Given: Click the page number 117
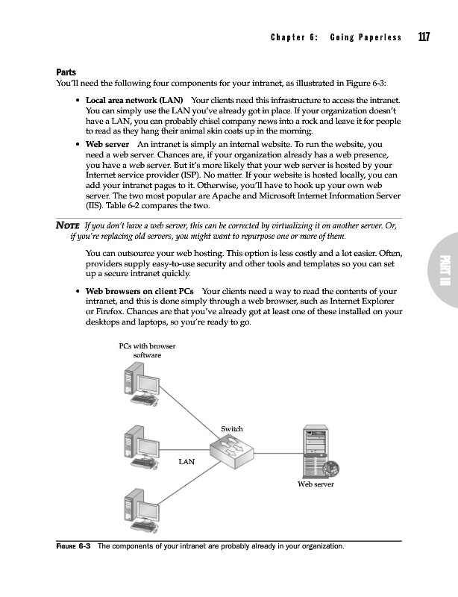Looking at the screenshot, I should point(424,37).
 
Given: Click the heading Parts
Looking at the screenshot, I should point(66,72).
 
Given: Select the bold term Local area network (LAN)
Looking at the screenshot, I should point(134,99).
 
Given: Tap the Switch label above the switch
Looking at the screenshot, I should point(232,428).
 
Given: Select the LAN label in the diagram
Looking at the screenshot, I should point(186,462).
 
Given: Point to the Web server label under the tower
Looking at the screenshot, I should point(316,484).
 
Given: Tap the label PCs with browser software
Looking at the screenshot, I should point(147,351).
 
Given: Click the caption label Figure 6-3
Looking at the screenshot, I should point(74,546).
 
